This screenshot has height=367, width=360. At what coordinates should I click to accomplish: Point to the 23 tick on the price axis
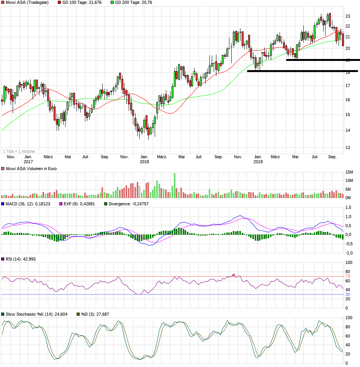[348, 16]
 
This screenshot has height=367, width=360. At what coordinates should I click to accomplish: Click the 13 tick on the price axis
[348, 147]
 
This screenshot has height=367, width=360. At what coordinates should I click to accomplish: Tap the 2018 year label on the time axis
[144, 162]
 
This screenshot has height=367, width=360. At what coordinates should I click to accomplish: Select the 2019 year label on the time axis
[258, 162]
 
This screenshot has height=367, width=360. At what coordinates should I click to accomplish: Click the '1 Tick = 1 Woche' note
[19, 151]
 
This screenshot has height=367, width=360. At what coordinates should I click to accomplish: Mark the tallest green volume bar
[175, 185]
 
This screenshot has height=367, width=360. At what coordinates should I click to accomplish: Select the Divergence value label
[129, 204]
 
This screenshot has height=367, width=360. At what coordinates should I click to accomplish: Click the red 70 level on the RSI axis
[348, 276]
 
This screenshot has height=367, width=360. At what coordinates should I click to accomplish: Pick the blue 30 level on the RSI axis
[348, 294]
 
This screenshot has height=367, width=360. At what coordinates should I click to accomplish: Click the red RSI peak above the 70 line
[234, 275]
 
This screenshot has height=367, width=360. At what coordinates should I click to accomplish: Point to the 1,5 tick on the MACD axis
[349, 207]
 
